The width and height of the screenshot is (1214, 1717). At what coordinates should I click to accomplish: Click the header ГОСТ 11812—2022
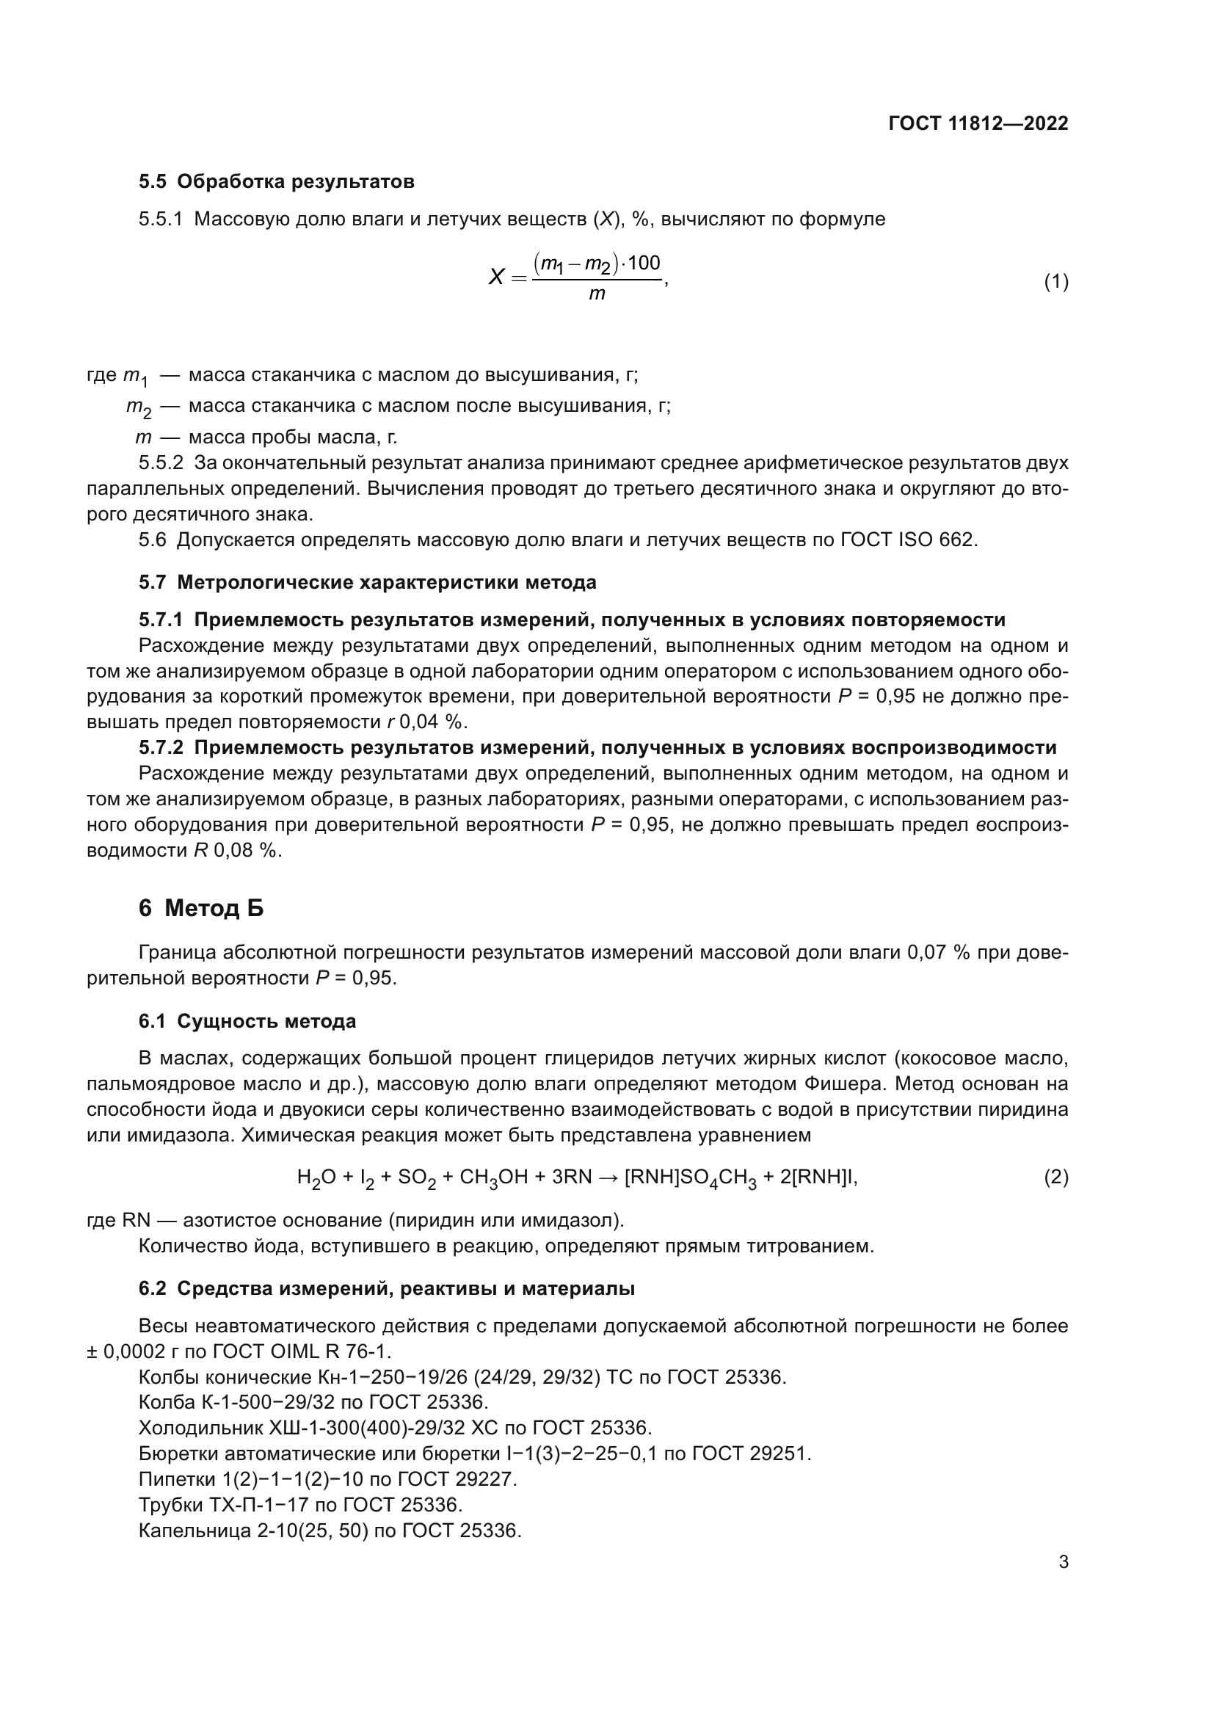point(978,123)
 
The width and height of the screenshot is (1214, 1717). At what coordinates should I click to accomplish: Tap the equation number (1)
point(1055,282)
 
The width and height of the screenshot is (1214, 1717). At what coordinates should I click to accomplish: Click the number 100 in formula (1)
point(643,263)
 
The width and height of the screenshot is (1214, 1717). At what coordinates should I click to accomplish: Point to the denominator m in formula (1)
point(597,294)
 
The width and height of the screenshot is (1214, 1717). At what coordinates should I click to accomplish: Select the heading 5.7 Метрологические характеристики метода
point(367,582)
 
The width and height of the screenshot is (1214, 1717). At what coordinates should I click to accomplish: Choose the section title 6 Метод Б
point(201,908)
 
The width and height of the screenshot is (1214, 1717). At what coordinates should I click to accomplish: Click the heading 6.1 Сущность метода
point(247,1022)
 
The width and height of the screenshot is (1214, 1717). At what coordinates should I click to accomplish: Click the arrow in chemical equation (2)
point(610,1177)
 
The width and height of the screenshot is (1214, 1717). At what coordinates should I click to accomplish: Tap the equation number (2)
point(1055,1177)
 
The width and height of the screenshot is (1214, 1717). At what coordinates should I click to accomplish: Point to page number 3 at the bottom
point(1063,1562)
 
